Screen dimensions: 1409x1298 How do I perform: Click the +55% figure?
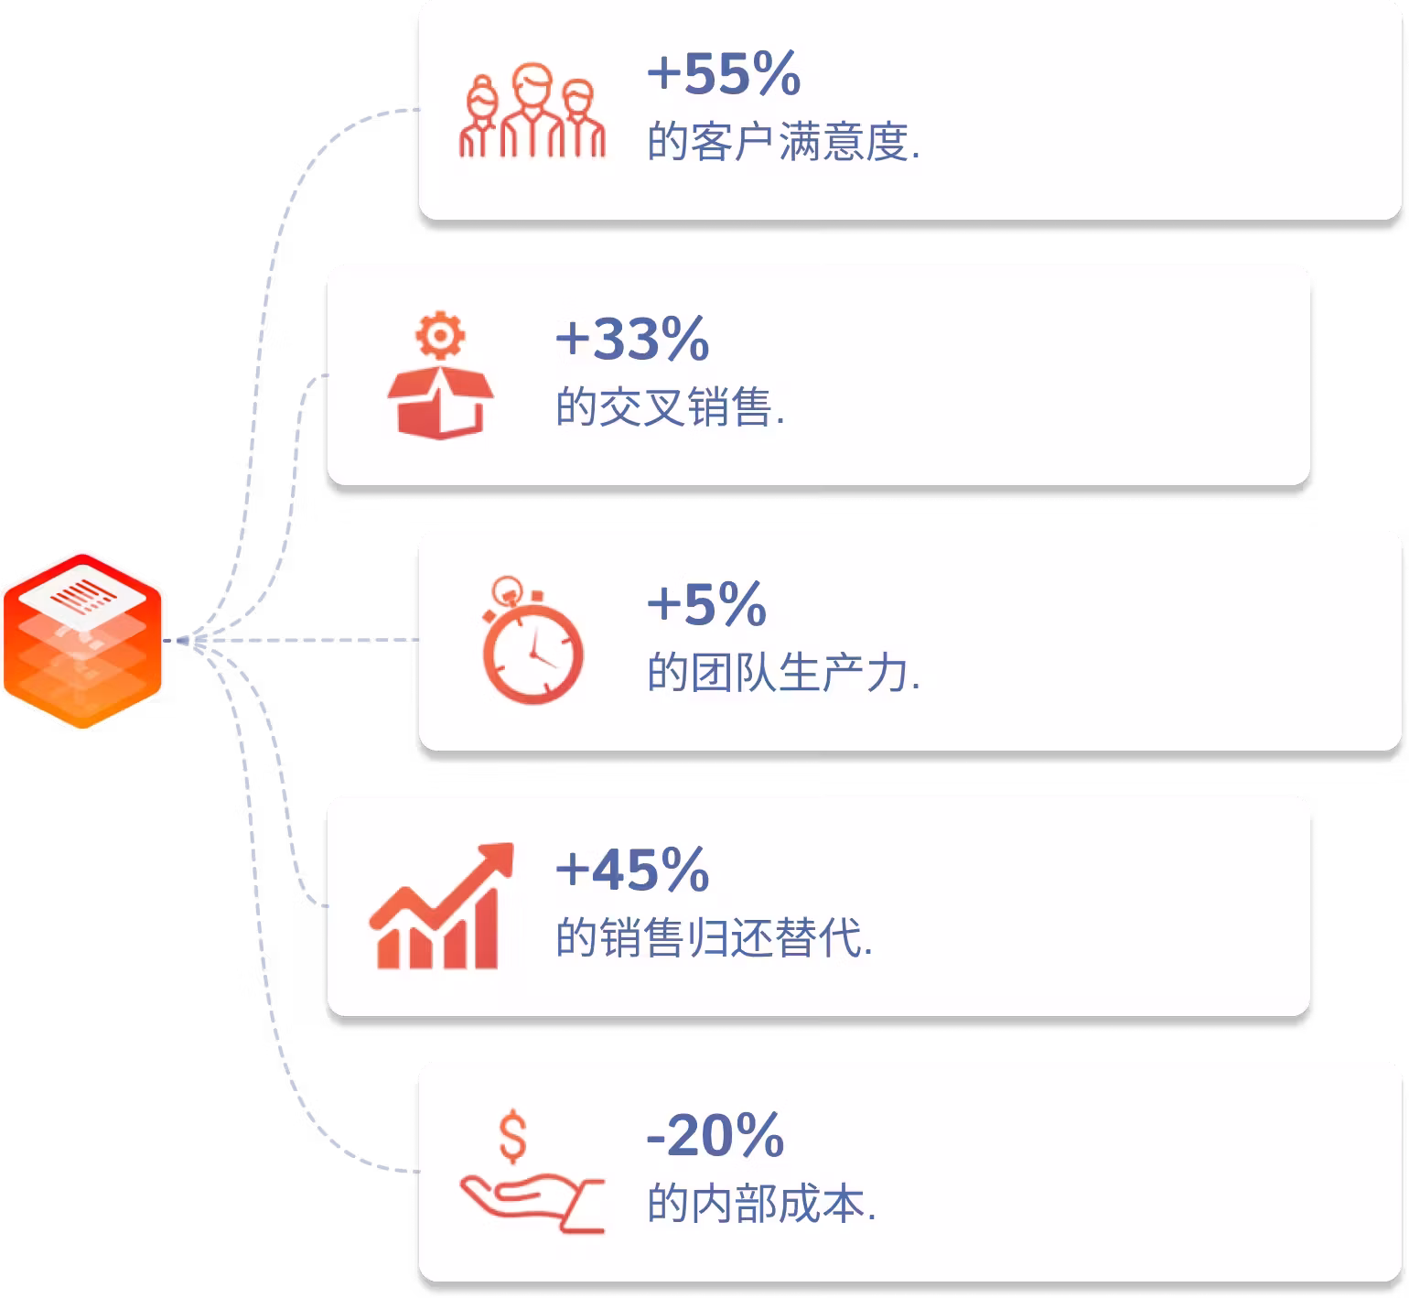click(724, 73)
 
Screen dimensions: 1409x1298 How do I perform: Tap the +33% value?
click(632, 339)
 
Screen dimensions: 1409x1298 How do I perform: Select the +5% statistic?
click(706, 604)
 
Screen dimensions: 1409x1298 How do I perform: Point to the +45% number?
click(632, 870)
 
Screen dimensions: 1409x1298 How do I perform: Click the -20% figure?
click(715, 1135)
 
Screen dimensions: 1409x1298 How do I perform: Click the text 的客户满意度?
click(783, 143)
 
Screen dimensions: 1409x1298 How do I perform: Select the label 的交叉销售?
click(670, 408)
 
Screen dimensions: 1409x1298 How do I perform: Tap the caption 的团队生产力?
click(783, 674)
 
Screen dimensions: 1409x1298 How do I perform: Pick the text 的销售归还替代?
click(715, 939)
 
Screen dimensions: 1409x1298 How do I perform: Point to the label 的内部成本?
click(761, 1205)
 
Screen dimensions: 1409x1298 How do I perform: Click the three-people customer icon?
click(532, 111)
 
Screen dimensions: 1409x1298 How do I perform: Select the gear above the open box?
click(440, 336)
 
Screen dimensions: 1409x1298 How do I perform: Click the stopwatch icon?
click(532, 641)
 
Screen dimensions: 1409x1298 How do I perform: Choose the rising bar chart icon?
click(441, 905)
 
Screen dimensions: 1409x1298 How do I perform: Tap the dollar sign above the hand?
click(513, 1136)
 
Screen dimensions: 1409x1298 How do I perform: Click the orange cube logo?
click(82, 641)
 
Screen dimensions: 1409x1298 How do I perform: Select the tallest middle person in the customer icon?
click(532, 110)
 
